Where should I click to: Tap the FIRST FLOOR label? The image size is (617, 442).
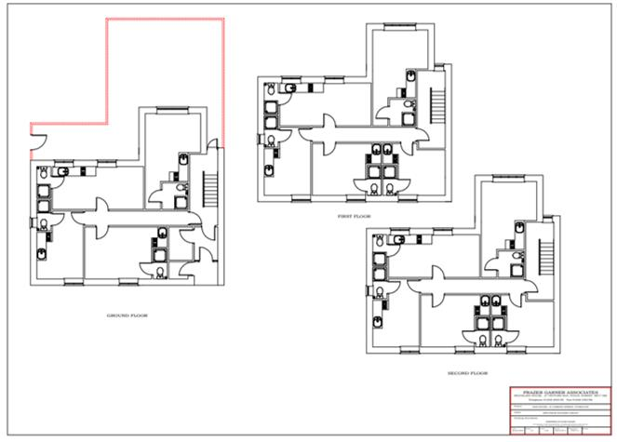click(x=355, y=216)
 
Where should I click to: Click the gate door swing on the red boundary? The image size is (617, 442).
click(x=35, y=142)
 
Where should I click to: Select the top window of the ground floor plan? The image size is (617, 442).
click(x=168, y=110)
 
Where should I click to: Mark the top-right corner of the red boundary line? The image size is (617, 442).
click(x=224, y=18)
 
